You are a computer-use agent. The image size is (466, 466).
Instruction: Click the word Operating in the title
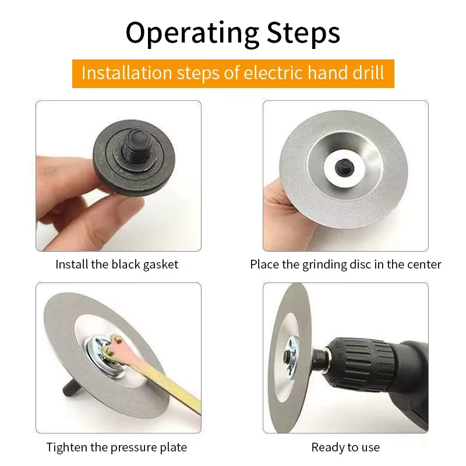192,33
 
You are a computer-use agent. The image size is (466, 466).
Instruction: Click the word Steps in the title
303,33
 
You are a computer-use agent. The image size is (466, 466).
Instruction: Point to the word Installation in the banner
127,73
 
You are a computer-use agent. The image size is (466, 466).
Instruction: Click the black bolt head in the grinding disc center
344,167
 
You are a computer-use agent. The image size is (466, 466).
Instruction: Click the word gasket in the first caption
161,264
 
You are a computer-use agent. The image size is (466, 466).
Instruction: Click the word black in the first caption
126,264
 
